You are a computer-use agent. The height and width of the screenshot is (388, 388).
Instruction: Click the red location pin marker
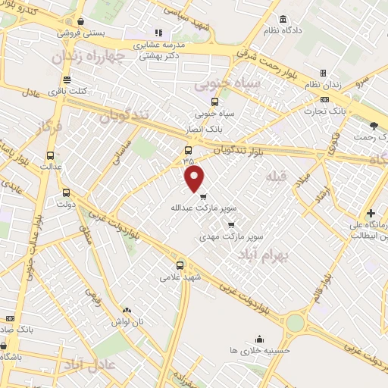click(195, 178)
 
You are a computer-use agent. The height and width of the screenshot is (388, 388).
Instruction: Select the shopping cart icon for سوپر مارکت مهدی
click(230, 224)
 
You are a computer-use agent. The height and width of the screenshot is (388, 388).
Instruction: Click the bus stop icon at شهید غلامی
click(180, 265)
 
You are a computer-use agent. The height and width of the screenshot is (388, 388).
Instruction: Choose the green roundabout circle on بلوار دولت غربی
click(295, 323)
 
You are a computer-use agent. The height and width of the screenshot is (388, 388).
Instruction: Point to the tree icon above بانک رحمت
click(372, 125)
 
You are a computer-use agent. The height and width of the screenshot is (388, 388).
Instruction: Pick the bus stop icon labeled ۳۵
click(188, 149)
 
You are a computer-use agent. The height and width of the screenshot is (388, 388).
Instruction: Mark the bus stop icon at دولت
click(66, 192)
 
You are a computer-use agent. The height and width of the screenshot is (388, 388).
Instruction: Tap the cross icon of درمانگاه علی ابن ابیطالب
click(371, 214)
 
